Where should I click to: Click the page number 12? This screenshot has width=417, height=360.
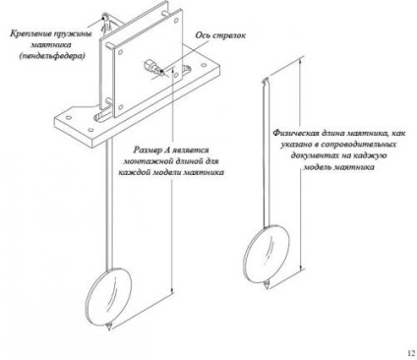411,353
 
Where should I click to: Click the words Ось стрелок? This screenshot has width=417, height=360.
220,35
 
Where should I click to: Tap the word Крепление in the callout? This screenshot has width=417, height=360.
30,33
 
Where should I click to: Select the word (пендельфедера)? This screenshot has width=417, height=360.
52,56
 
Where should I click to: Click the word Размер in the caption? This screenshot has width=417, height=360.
149,150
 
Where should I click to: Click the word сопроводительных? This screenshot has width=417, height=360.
358,145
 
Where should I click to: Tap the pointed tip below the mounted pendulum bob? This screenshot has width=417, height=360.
109,327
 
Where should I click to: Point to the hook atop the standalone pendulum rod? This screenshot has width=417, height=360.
266,80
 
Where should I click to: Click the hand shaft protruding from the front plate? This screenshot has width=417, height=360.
152,67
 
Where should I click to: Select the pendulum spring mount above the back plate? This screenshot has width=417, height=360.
106,23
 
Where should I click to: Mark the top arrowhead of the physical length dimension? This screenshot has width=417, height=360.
302,61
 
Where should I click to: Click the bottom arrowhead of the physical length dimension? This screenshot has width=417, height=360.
301,267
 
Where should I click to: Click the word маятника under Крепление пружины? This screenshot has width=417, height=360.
52,45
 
